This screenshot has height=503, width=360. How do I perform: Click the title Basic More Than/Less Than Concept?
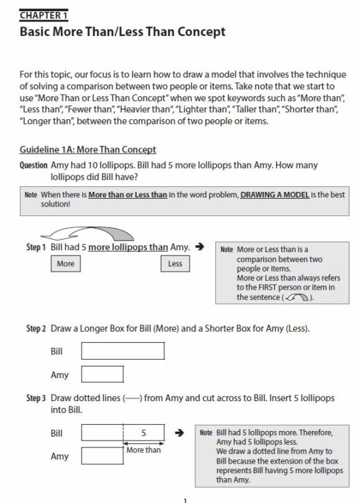click(x=123, y=32)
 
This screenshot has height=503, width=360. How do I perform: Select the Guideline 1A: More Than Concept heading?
click(x=87, y=150)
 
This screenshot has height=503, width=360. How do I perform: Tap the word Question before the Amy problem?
click(x=34, y=166)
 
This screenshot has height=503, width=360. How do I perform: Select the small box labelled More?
click(x=66, y=264)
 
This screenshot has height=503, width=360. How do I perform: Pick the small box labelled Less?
click(x=175, y=264)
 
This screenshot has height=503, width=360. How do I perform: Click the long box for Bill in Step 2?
click(x=123, y=351)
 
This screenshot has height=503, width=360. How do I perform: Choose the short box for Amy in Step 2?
click(x=102, y=375)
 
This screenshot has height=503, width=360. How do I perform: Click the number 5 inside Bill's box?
click(x=143, y=433)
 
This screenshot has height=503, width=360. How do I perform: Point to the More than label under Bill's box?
click(x=143, y=450)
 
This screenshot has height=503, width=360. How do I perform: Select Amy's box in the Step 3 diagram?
click(x=102, y=456)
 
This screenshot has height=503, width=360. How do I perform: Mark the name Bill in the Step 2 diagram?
click(x=57, y=351)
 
